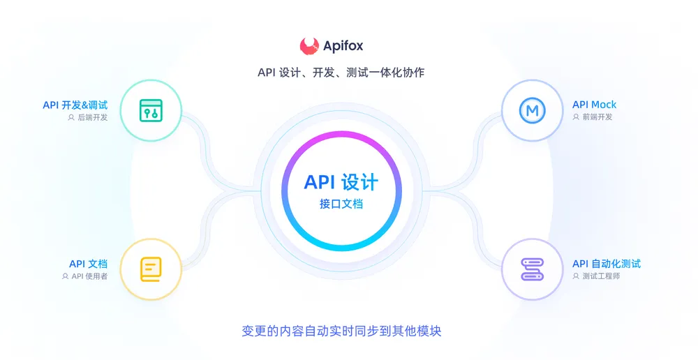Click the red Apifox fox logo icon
coord(309,46)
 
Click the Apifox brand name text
coord(343,47)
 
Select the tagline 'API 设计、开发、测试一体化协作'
coord(341,73)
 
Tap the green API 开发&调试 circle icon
coord(151,111)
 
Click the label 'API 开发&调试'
coord(75,105)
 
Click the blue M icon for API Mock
coord(532,110)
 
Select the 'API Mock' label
coord(594,105)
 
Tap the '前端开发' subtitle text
coord(597,117)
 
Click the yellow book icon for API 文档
coord(151,269)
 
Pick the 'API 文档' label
coord(88,264)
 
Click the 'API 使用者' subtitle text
coord(89,276)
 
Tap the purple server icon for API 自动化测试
coord(532,269)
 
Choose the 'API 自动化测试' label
coord(607,264)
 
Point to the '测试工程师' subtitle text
coord(601,276)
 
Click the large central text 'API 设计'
coord(341,182)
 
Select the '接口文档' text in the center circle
coord(341,204)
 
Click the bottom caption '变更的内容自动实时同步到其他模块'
coord(341,331)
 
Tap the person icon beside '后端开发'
coord(71,117)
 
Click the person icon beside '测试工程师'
coord(576,276)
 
